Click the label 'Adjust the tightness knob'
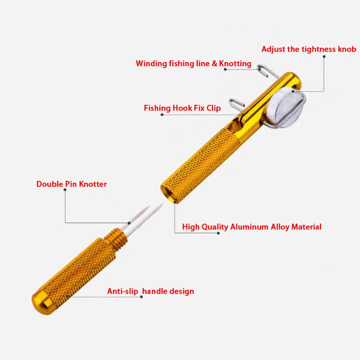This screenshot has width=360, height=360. coord(309,49)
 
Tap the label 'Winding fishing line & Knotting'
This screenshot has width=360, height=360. coord(193,63)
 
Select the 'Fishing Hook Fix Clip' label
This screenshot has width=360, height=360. coord(182,108)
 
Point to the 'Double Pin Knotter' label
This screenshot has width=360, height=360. coord(72,184)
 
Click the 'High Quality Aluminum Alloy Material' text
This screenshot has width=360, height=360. coord(252,227)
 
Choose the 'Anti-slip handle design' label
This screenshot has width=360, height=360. coord(151,291)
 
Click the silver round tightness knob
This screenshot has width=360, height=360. coord(285,108)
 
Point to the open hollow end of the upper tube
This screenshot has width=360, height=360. coord(170,193)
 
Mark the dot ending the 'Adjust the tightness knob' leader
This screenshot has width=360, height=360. coord(324,57)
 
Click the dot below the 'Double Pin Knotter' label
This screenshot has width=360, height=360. coord(65,189)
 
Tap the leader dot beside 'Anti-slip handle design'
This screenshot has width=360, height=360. coord(141,297)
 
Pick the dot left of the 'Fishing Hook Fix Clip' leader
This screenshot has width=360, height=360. coord(162,115)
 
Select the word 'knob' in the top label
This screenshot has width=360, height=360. coord(347,49)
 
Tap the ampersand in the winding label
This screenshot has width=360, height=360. coord(215,63)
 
